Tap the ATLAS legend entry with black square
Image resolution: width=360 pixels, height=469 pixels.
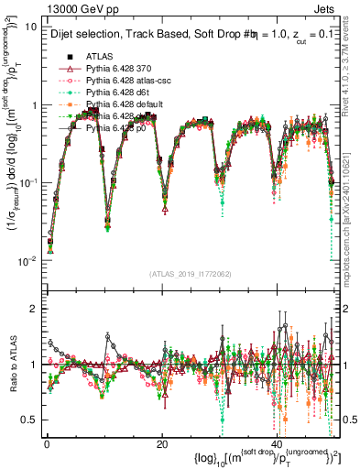click(101, 56)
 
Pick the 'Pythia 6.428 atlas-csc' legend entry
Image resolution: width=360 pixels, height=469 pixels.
click(132, 80)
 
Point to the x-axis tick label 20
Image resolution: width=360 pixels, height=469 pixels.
click(162, 444)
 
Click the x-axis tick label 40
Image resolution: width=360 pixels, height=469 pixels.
click(278, 444)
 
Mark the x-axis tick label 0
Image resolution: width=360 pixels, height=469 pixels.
click(47, 444)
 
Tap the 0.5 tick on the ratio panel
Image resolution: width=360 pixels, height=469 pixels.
click(31, 420)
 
